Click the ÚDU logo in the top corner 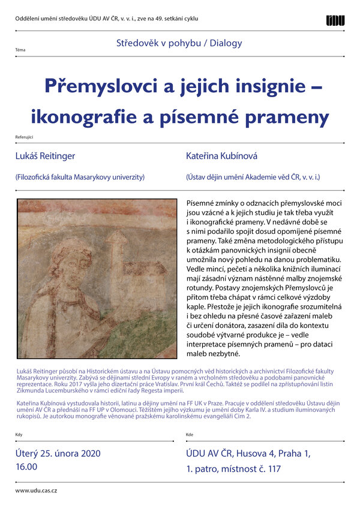click(x=335, y=20)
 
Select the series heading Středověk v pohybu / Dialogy click(x=179, y=43)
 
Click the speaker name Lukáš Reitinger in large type click(x=46, y=156)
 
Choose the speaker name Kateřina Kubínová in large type click(x=221, y=156)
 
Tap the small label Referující click(x=24, y=137)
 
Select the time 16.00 click(x=26, y=466)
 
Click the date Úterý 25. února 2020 click(x=58, y=453)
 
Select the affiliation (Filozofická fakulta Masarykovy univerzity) click(x=80, y=177)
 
